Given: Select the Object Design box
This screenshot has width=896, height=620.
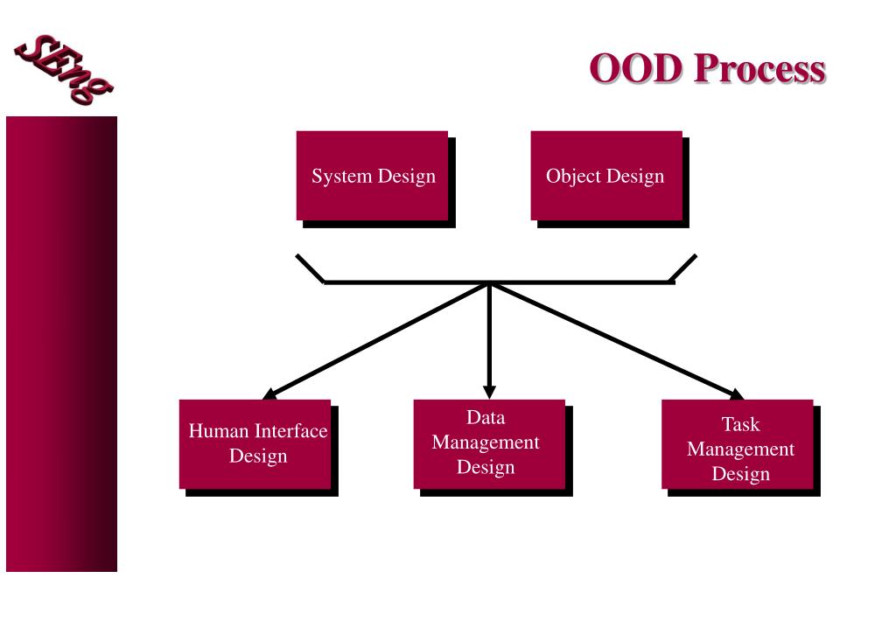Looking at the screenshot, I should coord(605,176).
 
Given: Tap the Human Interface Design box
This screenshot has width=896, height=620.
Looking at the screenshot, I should coord(255,444).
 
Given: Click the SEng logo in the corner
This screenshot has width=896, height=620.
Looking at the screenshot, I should coord(63,68).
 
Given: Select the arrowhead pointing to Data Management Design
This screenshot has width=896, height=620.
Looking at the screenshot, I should coord(489,391).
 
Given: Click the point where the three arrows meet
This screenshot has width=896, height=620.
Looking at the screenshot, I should coord(489,282).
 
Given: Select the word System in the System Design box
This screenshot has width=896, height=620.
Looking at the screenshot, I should coord(342,177).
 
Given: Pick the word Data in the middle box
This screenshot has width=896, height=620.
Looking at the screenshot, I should coord(486,417).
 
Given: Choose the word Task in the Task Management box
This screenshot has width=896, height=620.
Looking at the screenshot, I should coord(740,425).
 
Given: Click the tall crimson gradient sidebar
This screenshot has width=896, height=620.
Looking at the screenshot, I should coord(61,344).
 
